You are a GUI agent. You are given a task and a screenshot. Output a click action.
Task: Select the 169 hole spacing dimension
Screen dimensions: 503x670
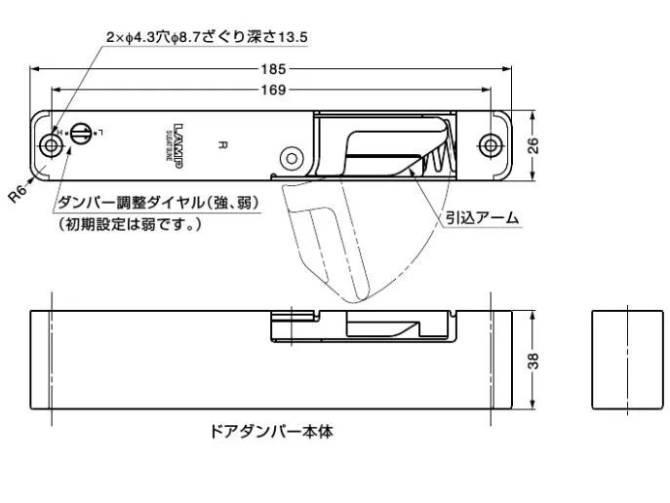click(x=273, y=91)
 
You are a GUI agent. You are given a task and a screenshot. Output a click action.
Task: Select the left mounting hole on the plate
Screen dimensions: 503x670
click(x=50, y=145)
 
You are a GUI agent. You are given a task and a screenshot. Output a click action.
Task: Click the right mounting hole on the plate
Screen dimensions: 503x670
click(x=491, y=145)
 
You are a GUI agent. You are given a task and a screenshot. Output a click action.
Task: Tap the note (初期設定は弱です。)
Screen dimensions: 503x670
click(x=130, y=224)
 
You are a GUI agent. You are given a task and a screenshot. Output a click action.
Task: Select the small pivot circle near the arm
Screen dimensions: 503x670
click(x=289, y=157)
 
